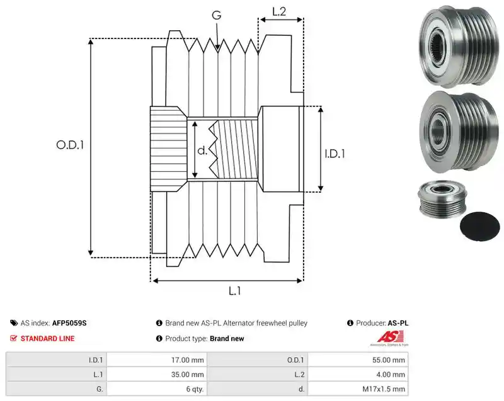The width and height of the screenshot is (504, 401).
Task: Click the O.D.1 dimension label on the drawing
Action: tap(70, 145)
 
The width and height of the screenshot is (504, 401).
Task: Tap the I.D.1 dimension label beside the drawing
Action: tap(335, 154)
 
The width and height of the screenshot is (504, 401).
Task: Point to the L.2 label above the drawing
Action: tap(279, 11)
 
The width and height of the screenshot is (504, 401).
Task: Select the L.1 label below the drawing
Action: tap(234, 291)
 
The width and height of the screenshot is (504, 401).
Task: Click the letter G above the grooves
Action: tap(217, 15)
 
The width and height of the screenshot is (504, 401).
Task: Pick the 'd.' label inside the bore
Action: tap(202, 150)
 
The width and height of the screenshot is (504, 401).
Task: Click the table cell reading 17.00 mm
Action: tap(187, 360)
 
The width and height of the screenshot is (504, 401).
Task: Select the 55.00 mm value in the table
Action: tap(389, 360)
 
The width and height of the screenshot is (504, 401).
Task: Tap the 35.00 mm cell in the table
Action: tap(187, 375)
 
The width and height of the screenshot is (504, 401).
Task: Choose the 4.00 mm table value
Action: tap(391, 375)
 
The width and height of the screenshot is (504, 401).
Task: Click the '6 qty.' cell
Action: tap(195, 389)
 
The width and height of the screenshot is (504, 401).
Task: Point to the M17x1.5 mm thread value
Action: tap(384, 389)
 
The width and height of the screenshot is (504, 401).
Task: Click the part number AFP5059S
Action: tap(69, 323)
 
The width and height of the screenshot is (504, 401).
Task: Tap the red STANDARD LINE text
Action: tap(48, 339)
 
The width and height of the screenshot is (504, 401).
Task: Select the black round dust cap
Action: tap(480, 227)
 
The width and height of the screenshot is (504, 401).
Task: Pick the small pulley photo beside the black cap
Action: tap(442, 198)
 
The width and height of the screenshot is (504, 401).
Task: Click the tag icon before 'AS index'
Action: tap(14, 323)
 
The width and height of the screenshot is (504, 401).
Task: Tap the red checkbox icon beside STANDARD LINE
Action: tap(13, 338)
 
